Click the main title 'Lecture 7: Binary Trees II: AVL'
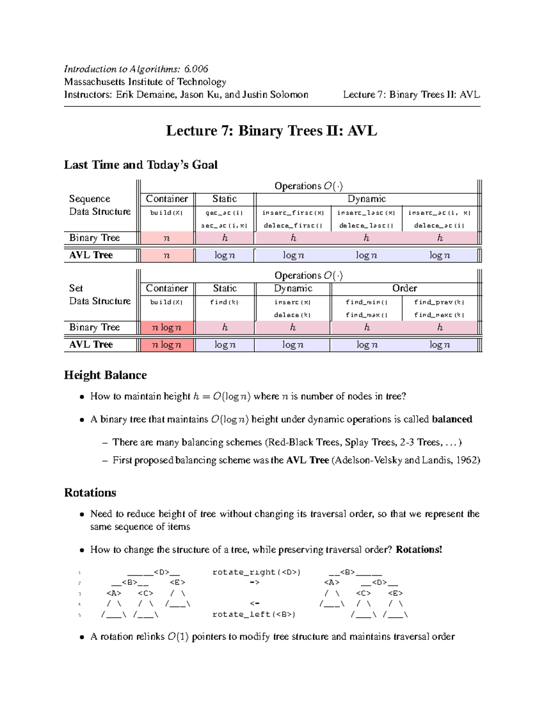[272, 131]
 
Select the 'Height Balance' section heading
[105, 375]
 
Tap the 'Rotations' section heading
[90, 493]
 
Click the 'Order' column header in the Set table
[404, 288]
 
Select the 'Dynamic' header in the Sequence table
[366, 199]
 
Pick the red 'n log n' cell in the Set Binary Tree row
[167, 327]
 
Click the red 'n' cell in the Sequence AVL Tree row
[167, 255]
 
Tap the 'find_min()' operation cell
[366, 302]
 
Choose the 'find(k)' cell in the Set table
[224, 302]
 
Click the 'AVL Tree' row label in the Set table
[91, 344]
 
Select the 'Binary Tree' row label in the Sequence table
[94, 238]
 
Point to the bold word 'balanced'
[452, 419]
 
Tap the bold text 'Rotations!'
[419, 550]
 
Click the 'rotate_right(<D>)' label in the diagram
[257, 573]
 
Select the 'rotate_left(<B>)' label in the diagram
[254, 614]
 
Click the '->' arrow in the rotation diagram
[254, 583]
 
